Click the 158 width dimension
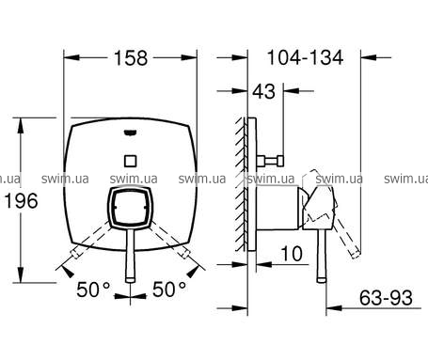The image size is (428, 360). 131,58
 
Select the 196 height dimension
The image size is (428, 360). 22,201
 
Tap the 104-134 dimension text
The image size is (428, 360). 305,57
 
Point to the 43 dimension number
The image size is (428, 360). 264,91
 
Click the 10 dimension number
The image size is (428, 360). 292,254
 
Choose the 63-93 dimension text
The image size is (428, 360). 386,298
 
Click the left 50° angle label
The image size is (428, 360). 94,290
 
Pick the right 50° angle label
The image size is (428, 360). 169,290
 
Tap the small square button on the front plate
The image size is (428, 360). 130,161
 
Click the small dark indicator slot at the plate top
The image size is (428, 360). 130,133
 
